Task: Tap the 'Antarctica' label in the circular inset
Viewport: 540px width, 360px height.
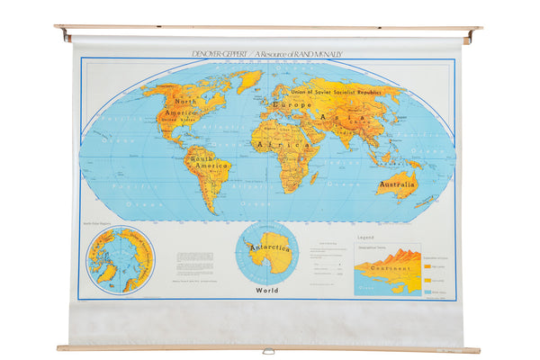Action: click(269, 247)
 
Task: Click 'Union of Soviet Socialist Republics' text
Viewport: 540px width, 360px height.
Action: click(346, 92)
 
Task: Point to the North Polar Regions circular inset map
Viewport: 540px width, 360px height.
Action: click(120, 260)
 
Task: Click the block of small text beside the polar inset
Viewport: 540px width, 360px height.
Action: click(193, 261)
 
